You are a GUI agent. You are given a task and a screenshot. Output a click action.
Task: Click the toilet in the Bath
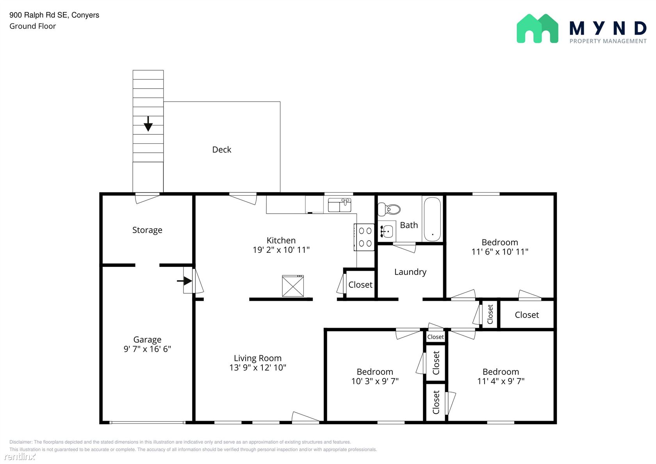tap(389, 209)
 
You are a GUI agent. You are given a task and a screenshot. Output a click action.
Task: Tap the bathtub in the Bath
tap(432, 219)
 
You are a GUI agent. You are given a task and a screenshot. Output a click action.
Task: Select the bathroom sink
tap(387, 231)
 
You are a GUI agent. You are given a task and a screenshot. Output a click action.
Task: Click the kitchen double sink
tap(339, 205)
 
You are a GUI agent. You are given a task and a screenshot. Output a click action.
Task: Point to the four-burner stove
tap(364, 237)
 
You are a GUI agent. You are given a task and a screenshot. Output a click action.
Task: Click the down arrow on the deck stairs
tap(148, 123)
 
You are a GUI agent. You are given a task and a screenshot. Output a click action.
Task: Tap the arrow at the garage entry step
tap(184, 281)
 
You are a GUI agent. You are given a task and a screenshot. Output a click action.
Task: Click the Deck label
tap(222, 150)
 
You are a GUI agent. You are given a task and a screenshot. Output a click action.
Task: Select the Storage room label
tap(147, 230)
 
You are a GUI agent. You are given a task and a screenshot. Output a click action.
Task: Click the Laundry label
tap(410, 272)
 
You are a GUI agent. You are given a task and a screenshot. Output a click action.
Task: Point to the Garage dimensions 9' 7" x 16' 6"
tap(147, 349)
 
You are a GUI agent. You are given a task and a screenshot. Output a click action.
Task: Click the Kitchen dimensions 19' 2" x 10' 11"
tap(281, 250)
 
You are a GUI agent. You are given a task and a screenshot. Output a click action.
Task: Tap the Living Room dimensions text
tap(258, 368)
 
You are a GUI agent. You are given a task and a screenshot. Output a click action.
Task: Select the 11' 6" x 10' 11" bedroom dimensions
tap(500, 252)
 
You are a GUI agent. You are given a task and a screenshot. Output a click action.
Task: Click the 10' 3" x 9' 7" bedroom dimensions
tap(375, 381)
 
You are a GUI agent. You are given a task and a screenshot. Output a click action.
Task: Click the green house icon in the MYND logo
tap(537, 29)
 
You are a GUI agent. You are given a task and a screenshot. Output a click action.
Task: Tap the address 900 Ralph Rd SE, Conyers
tap(54, 15)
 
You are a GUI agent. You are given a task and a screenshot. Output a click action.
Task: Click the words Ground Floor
tap(32, 26)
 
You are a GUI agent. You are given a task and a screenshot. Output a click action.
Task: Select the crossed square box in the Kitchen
tap(293, 286)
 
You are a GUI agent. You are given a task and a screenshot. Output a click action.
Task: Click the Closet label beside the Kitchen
tap(360, 285)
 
